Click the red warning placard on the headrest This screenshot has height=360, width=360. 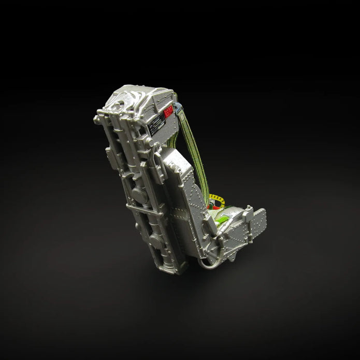coord(168,111)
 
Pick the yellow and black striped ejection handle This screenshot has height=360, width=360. coord(217,199)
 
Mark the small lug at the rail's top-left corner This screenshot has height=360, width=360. coord(97,119)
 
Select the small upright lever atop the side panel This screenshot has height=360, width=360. coord(248,210)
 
